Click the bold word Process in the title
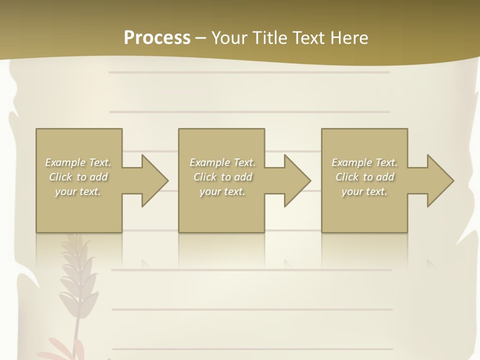click(x=157, y=38)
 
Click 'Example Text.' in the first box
click(x=78, y=162)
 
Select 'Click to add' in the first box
click(x=78, y=177)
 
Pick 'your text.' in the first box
click(x=78, y=191)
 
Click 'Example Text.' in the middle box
click(x=222, y=162)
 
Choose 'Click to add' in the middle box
click(x=222, y=177)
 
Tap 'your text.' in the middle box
click(x=222, y=191)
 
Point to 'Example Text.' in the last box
click(x=364, y=162)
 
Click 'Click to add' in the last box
click(x=364, y=177)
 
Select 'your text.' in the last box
click(x=364, y=191)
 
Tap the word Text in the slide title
click(x=307, y=38)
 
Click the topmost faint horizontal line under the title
click(x=249, y=72)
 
